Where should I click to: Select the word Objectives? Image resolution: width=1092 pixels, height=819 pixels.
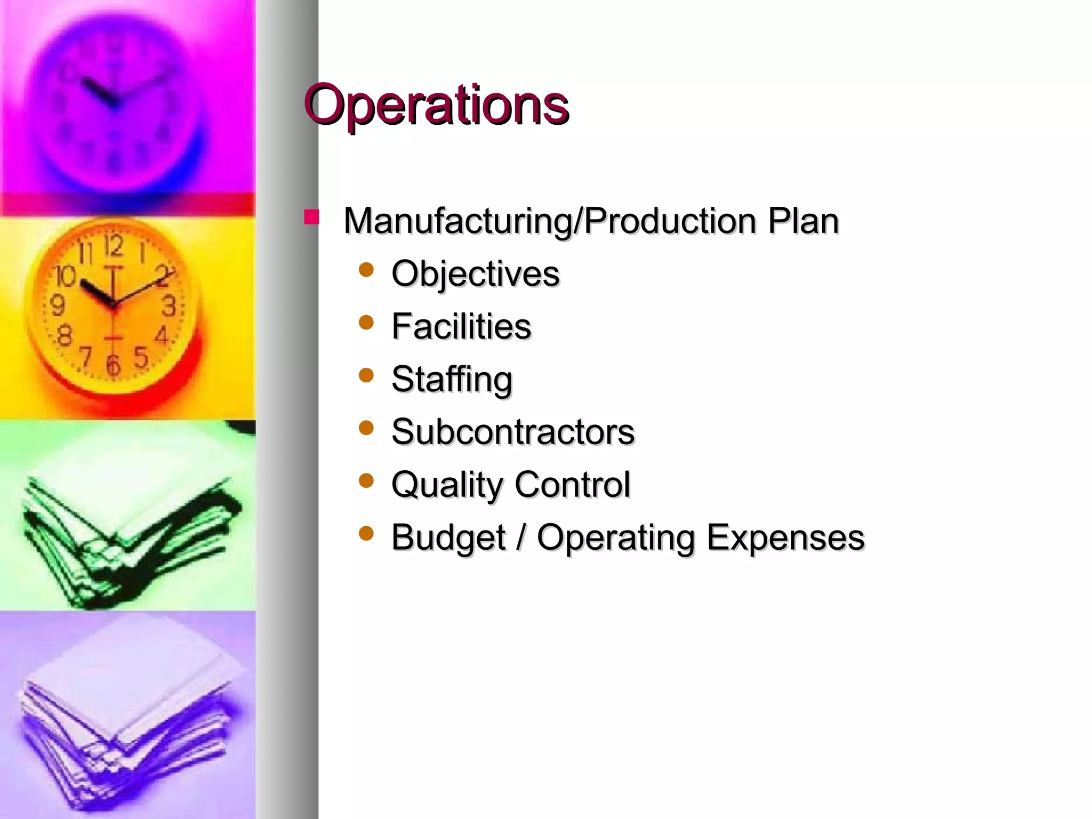pyautogui.click(x=476, y=274)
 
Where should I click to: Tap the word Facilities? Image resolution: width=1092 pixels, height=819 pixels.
pyautogui.click(x=461, y=326)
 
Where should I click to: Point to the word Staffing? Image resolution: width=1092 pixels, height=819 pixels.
pyautogui.click(x=452, y=380)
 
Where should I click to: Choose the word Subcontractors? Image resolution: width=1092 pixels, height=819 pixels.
pyautogui.click(x=513, y=431)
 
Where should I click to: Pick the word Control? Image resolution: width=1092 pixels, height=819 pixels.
pyautogui.click(x=572, y=484)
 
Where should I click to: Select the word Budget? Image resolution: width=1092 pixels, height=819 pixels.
pyautogui.click(x=448, y=537)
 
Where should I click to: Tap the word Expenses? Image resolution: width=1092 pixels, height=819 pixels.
pyautogui.click(x=785, y=537)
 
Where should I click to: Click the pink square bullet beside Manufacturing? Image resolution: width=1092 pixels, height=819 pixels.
pyautogui.click(x=311, y=217)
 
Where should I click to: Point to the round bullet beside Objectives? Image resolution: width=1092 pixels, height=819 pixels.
pyautogui.click(x=366, y=270)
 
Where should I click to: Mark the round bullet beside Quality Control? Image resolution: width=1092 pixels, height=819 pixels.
pyautogui.click(x=366, y=481)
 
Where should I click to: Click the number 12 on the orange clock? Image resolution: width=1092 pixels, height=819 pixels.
pyautogui.click(x=113, y=246)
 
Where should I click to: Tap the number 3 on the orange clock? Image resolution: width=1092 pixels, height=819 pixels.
pyautogui.click(x=168, y=306)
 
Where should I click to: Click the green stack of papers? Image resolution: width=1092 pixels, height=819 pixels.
pyautogui.click(x=128, y=533)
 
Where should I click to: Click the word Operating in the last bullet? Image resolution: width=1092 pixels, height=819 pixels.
pyautogui.click(x=616, y=537)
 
